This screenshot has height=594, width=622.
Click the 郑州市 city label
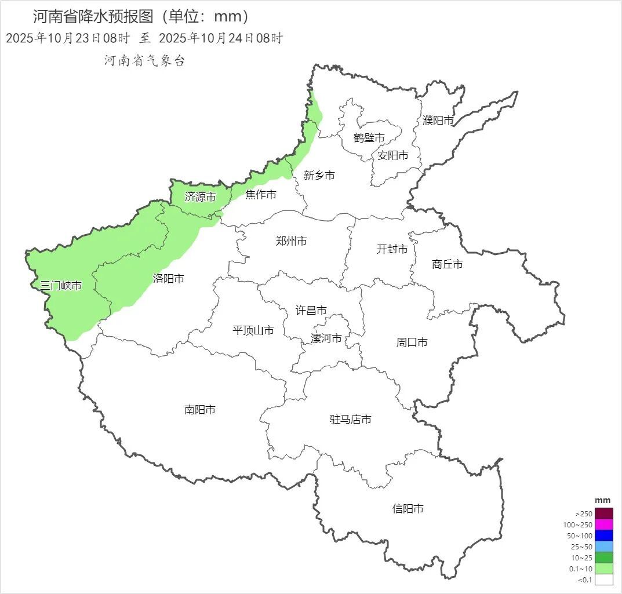click(292, 241)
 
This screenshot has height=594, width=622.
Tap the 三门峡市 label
click(61, 286)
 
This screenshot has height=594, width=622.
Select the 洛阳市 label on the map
click(169, 279)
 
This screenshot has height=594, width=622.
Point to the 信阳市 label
click(408, 509)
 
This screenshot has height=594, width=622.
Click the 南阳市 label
click(200, 410)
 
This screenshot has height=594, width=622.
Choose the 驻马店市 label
click(351, 420)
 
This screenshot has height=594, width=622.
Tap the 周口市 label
click(412, 342)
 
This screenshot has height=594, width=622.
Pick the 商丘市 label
click(448, 264)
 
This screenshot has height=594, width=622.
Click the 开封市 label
click(392, 249)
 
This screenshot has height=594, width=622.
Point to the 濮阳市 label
click(438, 121)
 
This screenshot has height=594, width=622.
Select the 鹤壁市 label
click(369, 138)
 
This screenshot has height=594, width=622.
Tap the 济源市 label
click(201, 197)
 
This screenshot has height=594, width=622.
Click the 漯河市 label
click(326, 338)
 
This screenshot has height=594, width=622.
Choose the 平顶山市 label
click(253, 330)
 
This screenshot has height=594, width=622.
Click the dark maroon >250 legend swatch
click(603, 513)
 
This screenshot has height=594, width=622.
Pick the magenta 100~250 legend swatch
click(603, 524)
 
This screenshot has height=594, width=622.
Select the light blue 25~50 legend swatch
click(603, 546)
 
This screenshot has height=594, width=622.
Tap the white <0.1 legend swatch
click(603, 579)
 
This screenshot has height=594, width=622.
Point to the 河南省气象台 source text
click(144, 61)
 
